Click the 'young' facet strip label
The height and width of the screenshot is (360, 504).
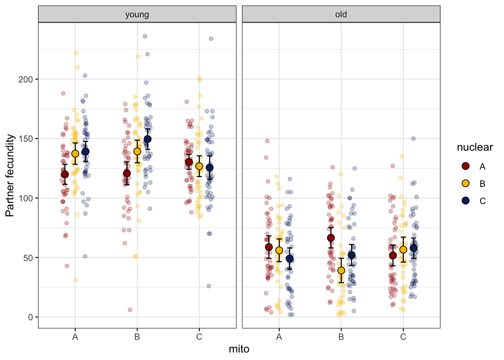137,14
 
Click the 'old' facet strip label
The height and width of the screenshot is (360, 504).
341,14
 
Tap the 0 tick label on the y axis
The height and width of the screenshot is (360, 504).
30,317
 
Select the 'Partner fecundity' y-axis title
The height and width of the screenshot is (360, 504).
10,175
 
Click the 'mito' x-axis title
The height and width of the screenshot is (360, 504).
239,349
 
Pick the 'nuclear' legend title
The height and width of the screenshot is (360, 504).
474,147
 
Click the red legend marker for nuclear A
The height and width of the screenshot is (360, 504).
466,166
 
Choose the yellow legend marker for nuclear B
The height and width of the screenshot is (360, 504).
466,183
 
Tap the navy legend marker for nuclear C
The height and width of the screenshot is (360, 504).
466,201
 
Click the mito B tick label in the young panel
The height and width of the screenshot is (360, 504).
137,337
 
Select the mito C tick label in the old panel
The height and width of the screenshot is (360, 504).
403,337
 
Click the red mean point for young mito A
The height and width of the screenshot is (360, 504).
65,174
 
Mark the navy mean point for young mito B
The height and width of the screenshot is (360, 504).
147,139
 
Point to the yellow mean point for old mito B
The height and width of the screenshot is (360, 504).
341,270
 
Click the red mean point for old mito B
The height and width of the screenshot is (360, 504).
331,238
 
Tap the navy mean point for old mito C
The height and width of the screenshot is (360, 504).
413,248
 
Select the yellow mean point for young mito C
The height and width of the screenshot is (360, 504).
199,166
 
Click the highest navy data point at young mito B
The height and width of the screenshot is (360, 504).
145,36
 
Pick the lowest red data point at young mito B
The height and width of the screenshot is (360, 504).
130,310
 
